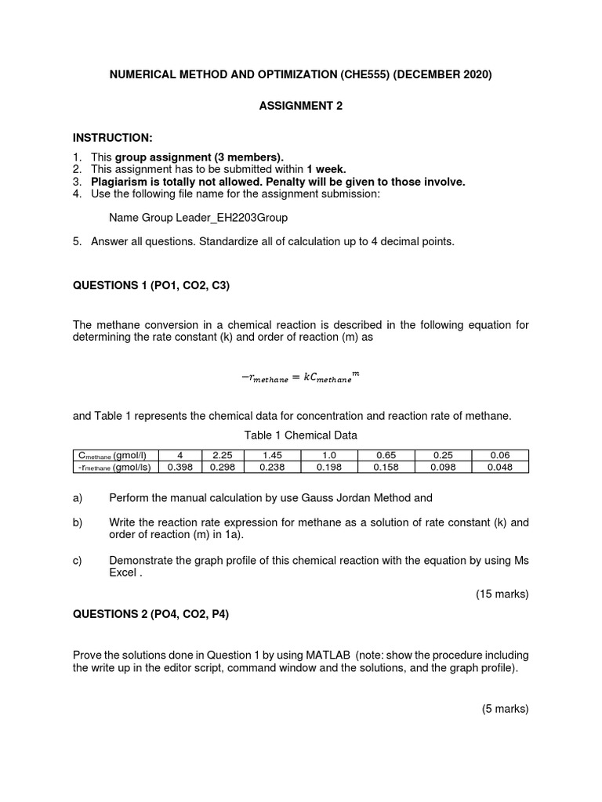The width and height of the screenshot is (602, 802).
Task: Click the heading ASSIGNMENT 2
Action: pyautogui.click(x=301, y=107)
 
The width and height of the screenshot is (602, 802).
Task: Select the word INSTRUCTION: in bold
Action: pyautogui.click(x=107, y=139)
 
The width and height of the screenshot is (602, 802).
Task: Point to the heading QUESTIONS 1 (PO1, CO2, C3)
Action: pyautogui.click(x=151, y=286)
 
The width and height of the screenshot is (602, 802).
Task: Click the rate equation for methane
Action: pyautogui.click(x=301, y=378)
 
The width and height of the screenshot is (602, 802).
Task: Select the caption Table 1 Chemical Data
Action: pyautogui.click(x=301, y=435)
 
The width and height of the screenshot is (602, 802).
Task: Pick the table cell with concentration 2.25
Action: pyautogui.click(x=223, y=455)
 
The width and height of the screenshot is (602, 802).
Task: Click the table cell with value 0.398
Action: pyautogui.click(x=180, y=467)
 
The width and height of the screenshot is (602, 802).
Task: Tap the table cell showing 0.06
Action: pyautogui.click(x=499, y=455)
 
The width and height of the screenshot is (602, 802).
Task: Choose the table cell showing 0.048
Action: pyautogui.click(x=499, y=467)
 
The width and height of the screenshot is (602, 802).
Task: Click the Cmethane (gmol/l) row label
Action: pyautogui.click(x=115, y=455)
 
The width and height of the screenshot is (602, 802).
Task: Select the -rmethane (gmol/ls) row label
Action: pyautogui.click(x=115, y=467)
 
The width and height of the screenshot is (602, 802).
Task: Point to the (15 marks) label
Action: pyautogui.click(x=502, y=594)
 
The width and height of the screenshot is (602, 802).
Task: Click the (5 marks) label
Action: pyautogui.click(x=505, y=710)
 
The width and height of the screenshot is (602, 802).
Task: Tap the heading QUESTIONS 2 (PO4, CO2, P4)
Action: pyautogui.click(x=151, y=615)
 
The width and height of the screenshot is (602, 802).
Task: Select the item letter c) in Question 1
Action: pyautogui.click(x=78, y=561)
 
